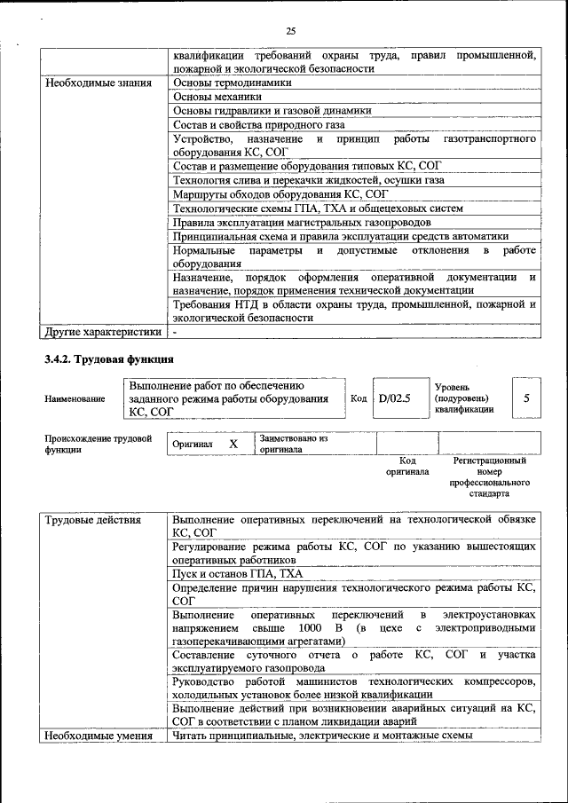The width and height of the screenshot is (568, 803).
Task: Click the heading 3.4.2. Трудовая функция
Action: tap(108, 359)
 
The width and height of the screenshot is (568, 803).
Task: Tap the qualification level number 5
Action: tap(526, 398)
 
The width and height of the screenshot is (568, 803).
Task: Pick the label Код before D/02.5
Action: tap(359, 399)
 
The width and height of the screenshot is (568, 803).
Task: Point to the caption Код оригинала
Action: tap(407, 467)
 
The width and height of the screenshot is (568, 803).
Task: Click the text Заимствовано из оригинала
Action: tap(293, 444)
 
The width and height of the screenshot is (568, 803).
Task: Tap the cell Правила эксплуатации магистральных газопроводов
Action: tap(302, 222)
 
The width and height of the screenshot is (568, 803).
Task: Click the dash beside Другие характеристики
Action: tap(176, 332)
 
